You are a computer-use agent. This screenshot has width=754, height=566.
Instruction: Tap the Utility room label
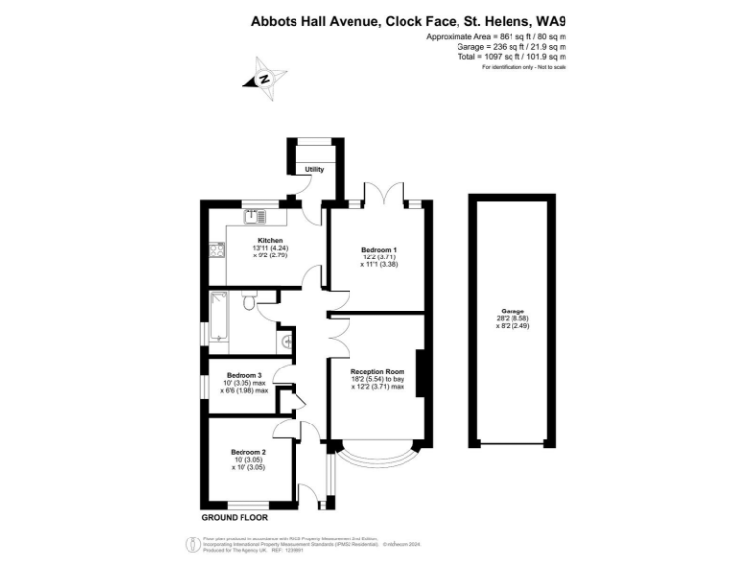[x=314, y=170]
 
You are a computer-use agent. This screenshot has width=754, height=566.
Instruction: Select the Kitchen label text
[x=270, y=240]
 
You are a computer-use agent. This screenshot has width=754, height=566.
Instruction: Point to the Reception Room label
[x=378, y=372]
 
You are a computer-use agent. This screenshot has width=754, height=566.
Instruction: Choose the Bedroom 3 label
[x=244, y=375]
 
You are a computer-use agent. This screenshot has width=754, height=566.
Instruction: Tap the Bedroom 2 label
[x=244, y=452]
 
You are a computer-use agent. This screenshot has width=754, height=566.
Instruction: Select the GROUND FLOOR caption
[x=235, y=517]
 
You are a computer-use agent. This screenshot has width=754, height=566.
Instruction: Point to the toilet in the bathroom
[x=250, y=306]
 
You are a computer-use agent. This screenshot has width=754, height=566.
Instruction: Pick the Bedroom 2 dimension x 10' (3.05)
[x=244, y=467]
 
